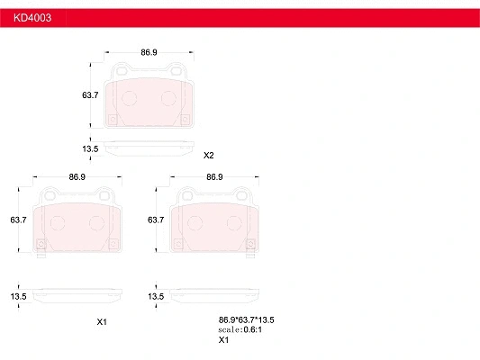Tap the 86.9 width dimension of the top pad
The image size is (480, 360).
(x=149, y=53)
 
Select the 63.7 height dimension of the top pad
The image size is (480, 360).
(x=90, y=95)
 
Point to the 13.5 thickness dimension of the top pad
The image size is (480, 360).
(x=90, y=148)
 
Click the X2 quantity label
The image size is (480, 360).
(x=209, y=155)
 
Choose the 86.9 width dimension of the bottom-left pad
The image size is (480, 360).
(x=77, y=177)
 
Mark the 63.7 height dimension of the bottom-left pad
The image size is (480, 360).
(x=18, y=220)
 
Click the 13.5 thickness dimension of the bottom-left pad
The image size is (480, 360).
(x=18, y=296)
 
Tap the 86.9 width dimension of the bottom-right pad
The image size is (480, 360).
(x=214, y=177)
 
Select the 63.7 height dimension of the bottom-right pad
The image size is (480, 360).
(x=155, y=220)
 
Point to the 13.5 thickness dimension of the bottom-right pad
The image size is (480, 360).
(x=155, y=296)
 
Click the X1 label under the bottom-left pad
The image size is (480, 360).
(x=102, y=321)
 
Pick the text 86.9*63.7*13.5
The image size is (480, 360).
(x=246, y=319)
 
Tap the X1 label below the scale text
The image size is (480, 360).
(x=224, y=340)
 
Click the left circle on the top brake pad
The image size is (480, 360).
(x=128, y=99)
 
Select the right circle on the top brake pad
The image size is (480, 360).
(x=168, y=99)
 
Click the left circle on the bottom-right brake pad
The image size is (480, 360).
(x=195, y=223)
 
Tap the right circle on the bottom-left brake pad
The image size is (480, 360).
(x=96, y=223)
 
